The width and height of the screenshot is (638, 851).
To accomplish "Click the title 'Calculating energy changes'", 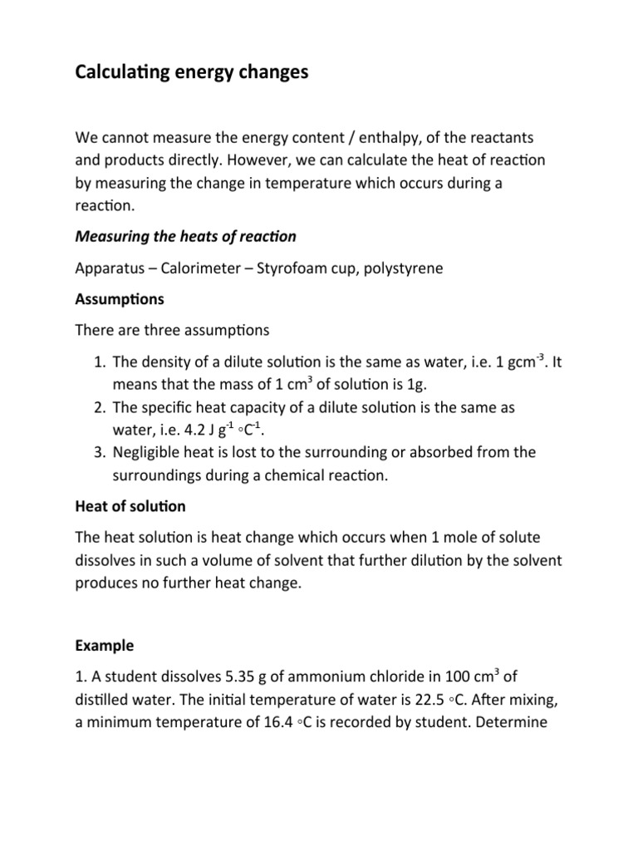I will click(x=191, y=73).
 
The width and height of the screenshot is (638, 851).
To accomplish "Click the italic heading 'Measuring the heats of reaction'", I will click(x=185, y=237).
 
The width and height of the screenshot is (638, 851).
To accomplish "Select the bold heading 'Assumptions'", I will click(x=120, y=298).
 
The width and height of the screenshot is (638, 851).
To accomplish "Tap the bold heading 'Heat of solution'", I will click(x=130, y=506).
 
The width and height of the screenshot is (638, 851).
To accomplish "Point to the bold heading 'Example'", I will click(x=104, y=645).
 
